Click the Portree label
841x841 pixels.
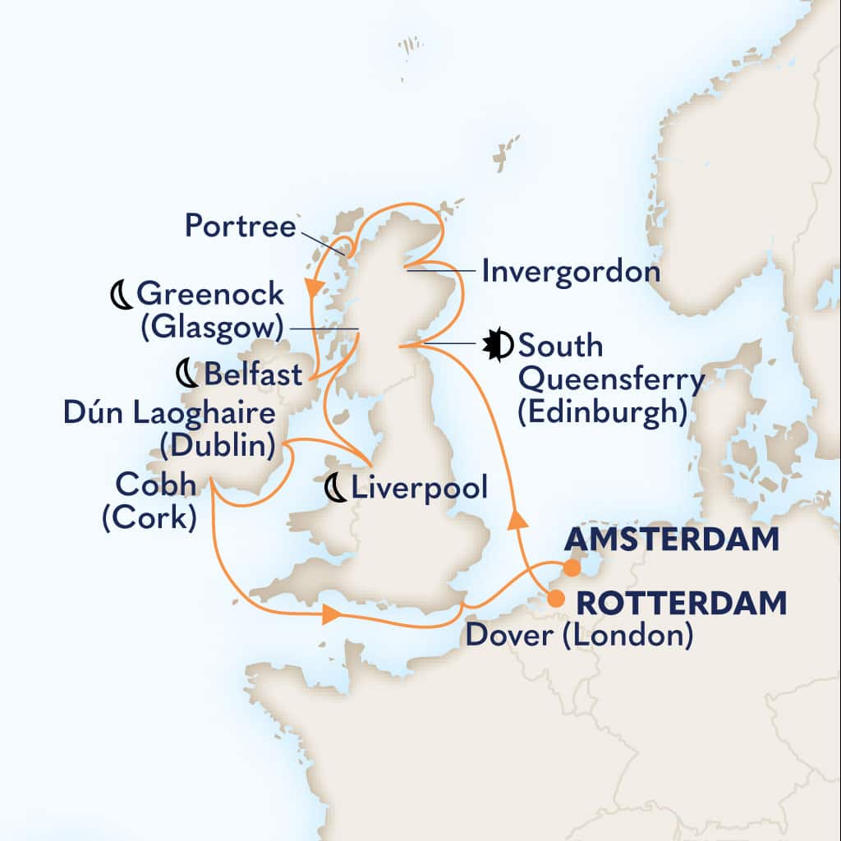pos(240,226)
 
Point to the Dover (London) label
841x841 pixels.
pos(578,635)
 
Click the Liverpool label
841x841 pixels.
pos(419,488)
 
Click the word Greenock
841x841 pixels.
pos(210,293)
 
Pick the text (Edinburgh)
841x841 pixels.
pos(602,413)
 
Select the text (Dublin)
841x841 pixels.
pos(217,446)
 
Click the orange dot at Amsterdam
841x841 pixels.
pos(573,567)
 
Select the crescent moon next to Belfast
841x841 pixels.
pos(187,375)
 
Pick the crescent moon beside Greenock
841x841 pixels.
pos(121,294)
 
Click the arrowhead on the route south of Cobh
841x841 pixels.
pos(330,615)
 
